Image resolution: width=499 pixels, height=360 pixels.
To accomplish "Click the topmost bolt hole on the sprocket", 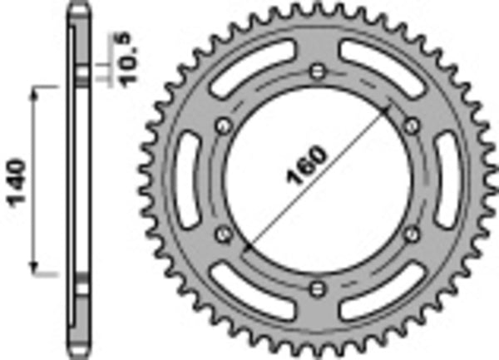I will [x=316, y=71].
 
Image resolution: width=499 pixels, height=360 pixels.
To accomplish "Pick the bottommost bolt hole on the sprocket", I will [x=316, y=288].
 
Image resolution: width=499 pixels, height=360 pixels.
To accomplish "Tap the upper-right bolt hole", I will [x=410, y=125].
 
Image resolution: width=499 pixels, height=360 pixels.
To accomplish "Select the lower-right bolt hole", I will [x=410, y=234].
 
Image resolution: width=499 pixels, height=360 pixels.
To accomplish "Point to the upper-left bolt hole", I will [x=222, y=125].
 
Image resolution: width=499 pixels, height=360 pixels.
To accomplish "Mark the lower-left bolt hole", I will [x=222, y=234].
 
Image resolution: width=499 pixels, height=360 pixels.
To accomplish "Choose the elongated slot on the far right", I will [x=447, y=180].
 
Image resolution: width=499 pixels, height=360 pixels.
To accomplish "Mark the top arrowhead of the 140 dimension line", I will [x=34, y=90].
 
